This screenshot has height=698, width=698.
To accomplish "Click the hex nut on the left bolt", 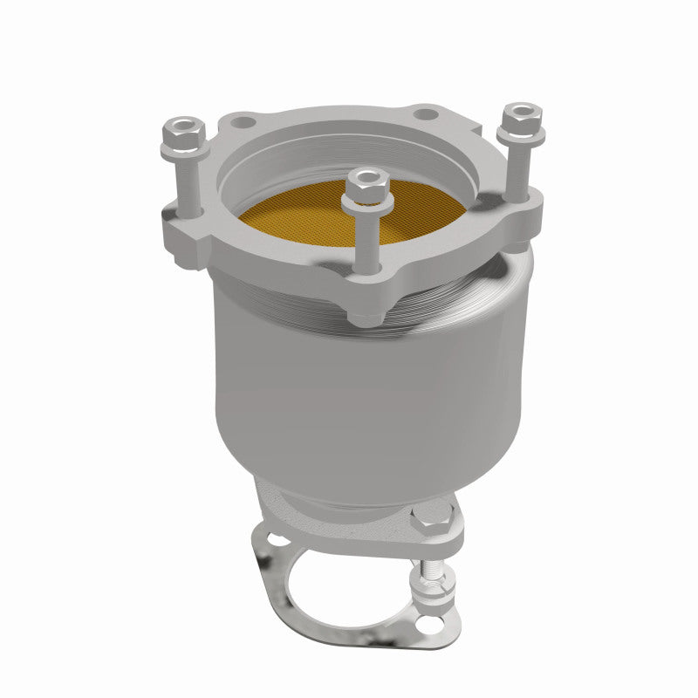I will point(183,132).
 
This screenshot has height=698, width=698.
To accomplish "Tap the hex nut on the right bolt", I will point(522,116).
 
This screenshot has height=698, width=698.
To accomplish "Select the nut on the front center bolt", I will point(367,184).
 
